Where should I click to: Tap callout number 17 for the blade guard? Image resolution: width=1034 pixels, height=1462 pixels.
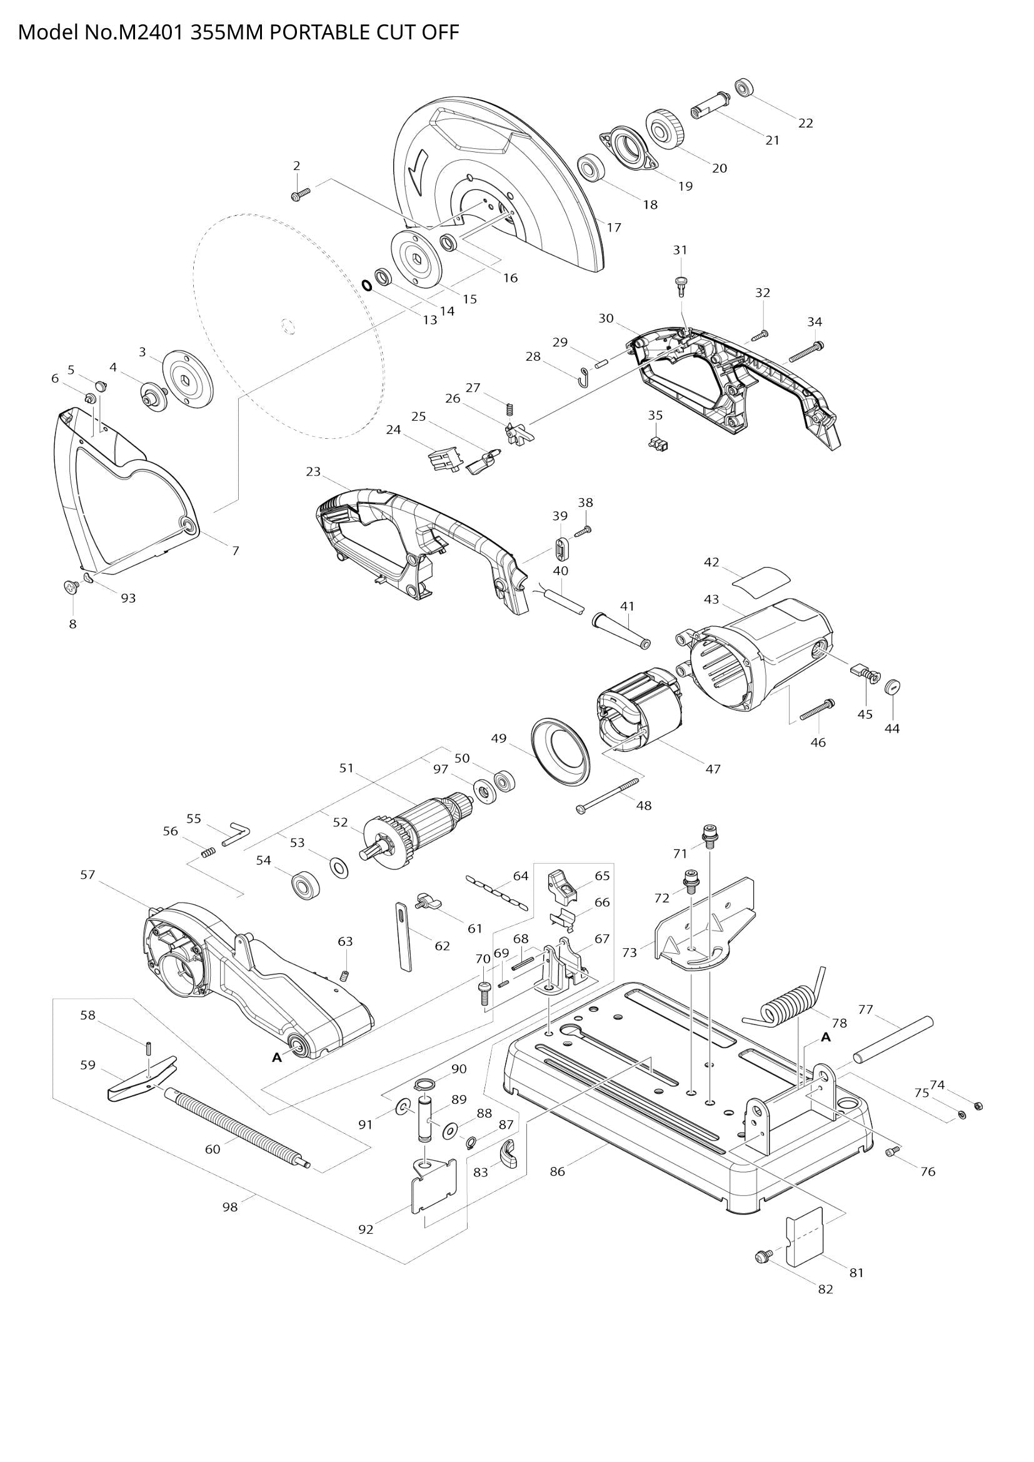tap(613, 228)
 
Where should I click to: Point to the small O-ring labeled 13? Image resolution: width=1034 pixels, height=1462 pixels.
tap(368, 284)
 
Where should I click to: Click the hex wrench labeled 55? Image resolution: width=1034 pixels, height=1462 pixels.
tap(236, 834)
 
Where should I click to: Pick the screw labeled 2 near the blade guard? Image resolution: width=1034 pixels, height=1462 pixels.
tap(299, 194)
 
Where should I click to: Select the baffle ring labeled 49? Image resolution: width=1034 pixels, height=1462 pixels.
tap(560, 749)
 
